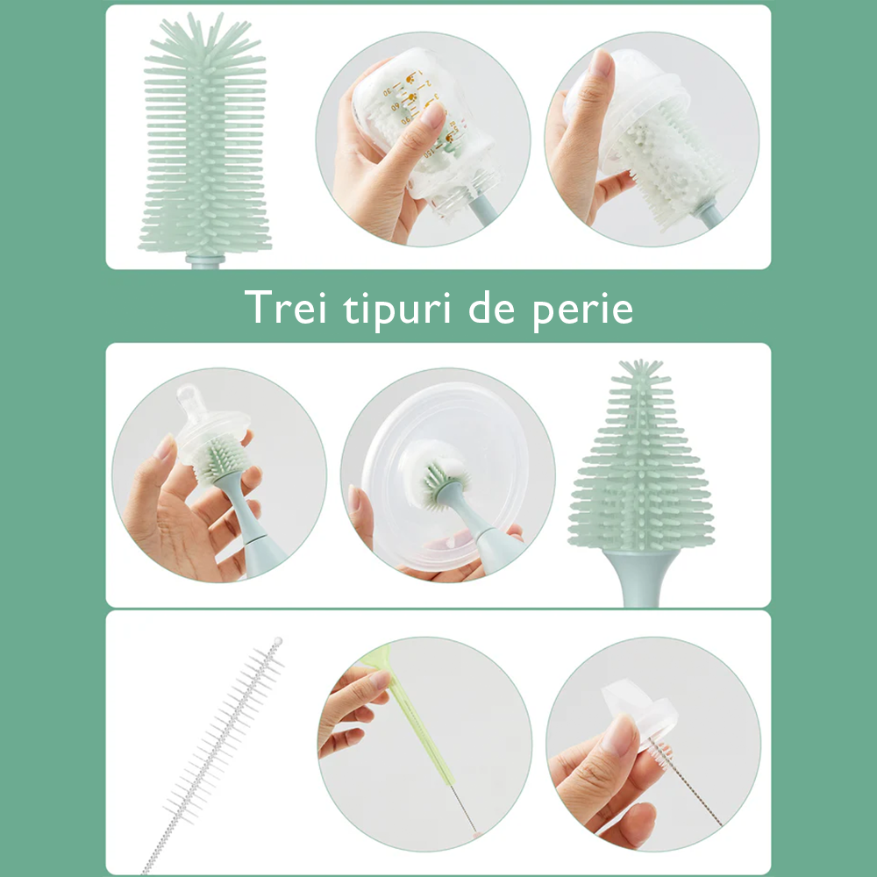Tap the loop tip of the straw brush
pos(278,642)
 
